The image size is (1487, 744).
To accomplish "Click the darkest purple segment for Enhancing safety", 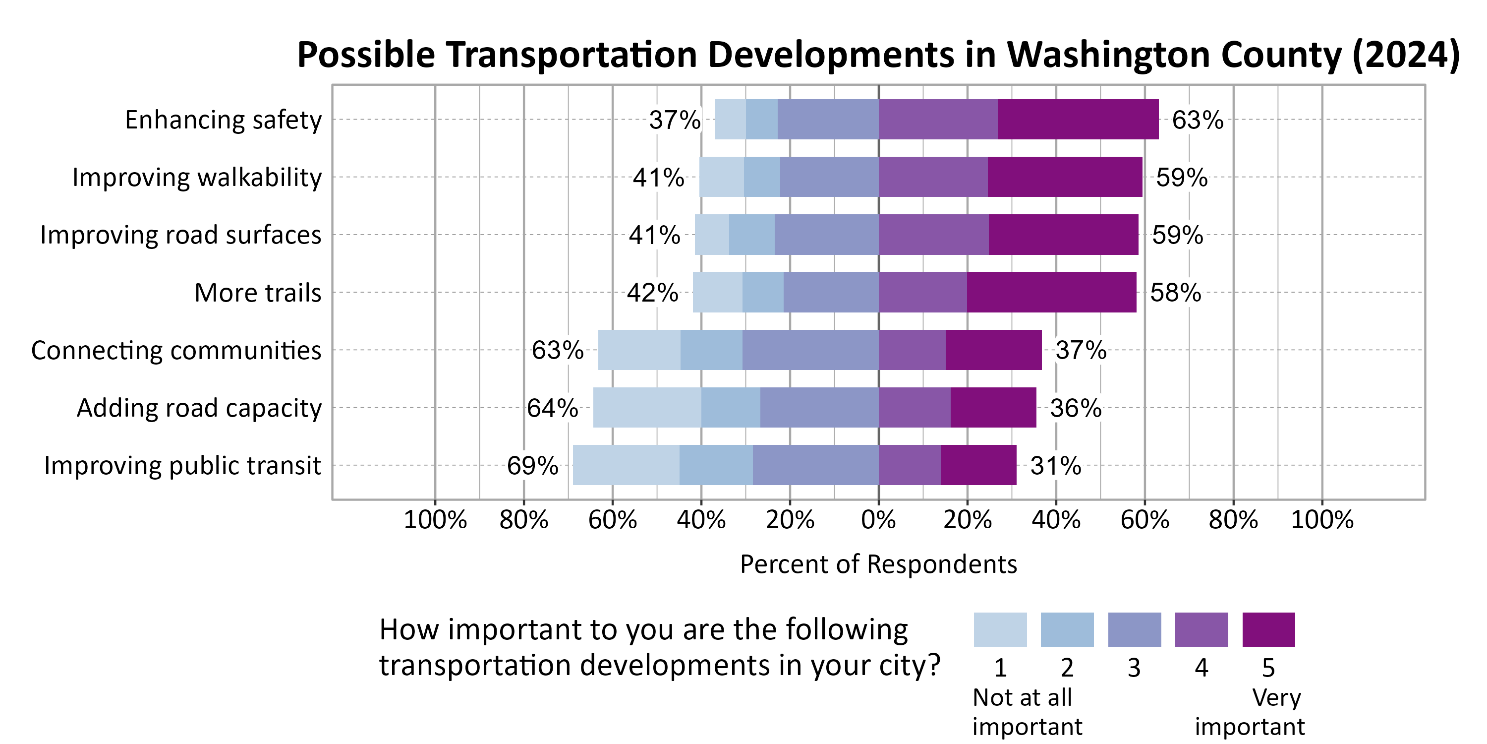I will point(1078,120).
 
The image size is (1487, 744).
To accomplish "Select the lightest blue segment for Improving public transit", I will point(626,465).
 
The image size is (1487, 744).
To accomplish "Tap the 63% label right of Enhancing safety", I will point(1197,120).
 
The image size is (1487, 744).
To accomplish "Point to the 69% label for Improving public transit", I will point(532,466).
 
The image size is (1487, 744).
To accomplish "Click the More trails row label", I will point(257,293).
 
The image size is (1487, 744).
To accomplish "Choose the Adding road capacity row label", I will point(199,408).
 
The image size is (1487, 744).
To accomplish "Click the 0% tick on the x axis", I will point(878,520).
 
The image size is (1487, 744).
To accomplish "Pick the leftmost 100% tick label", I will point(435,520).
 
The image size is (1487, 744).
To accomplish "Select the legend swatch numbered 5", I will point(1268,629).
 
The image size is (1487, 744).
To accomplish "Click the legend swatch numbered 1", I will point(1000,629).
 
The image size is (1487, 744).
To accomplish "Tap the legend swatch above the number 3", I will point(1134,629).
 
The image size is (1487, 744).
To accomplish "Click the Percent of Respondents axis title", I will point(878,564).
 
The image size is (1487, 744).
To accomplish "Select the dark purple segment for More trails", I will point(1051,292).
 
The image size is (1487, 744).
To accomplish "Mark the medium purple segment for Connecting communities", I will point(912,350).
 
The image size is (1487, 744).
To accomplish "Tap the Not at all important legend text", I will point(1027,712).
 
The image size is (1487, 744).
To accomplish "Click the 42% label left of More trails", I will point(652,293).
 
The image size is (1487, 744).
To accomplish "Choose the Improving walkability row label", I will point(197,178).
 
